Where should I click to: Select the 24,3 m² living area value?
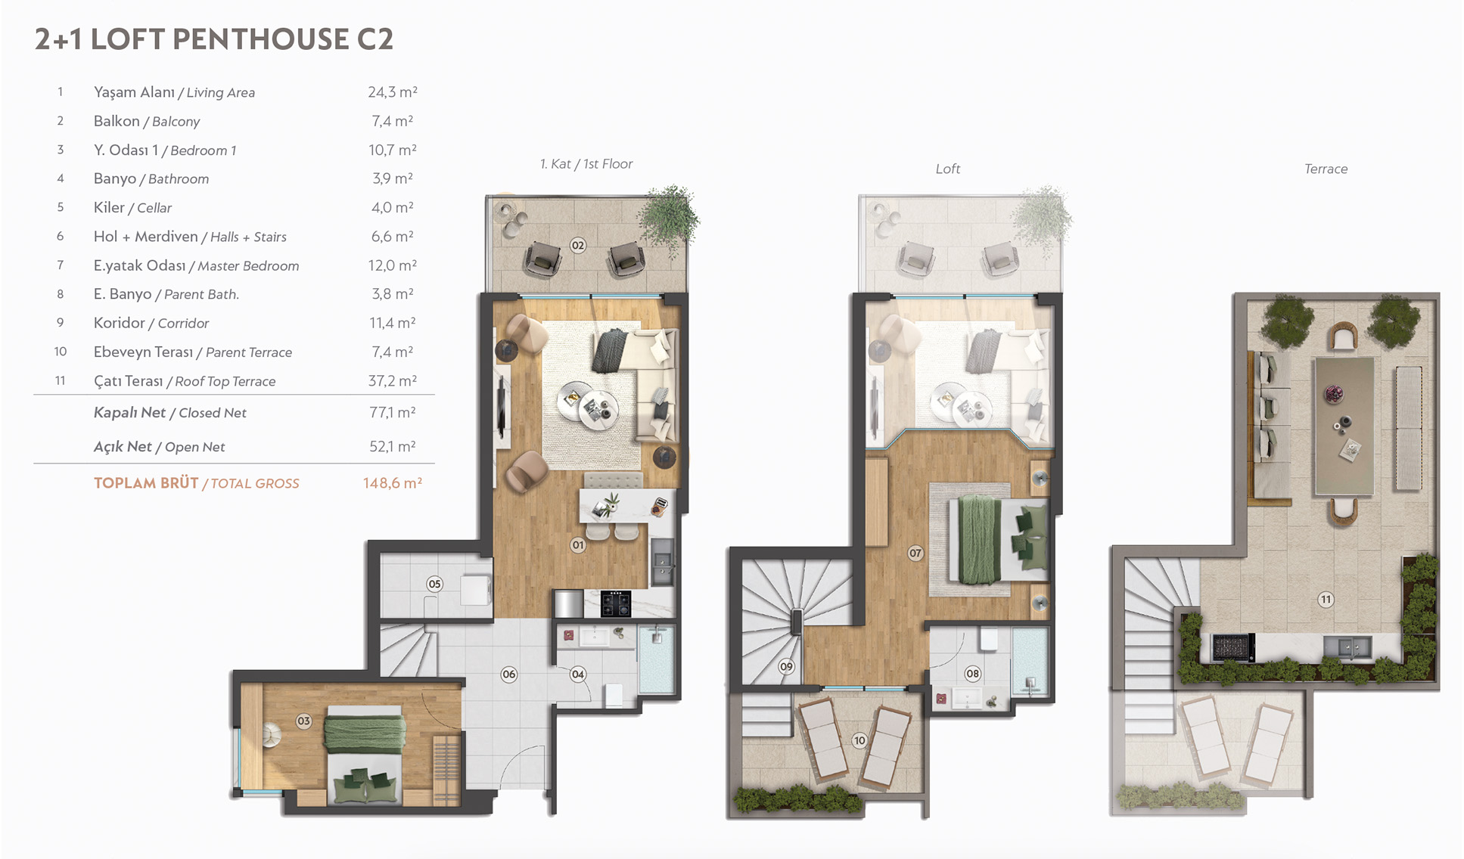point(393,92)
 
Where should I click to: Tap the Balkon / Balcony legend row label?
point(147,121)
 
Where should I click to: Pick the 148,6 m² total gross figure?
point(393,483)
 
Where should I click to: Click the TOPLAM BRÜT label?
point(146,483)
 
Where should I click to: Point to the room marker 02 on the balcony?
point(578,245)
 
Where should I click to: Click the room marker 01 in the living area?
point(578,545)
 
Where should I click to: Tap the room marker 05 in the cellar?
point(434,584)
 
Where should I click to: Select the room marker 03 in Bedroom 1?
point(303,721)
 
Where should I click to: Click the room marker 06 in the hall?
point(509,674)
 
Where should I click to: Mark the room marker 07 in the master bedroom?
point(915,554)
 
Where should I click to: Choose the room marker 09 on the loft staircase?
point(787,667)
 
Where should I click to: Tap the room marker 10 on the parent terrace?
point(859,741)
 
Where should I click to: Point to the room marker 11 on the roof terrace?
point(1326,600)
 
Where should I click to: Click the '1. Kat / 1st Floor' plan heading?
point(586,164)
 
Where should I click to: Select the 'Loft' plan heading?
point(948,169)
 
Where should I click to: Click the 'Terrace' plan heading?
point(1326,169)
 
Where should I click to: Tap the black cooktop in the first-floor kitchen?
point(616,604)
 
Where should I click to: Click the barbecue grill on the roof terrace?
point(1234,647)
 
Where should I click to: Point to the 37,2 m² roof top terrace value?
point(393,381)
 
